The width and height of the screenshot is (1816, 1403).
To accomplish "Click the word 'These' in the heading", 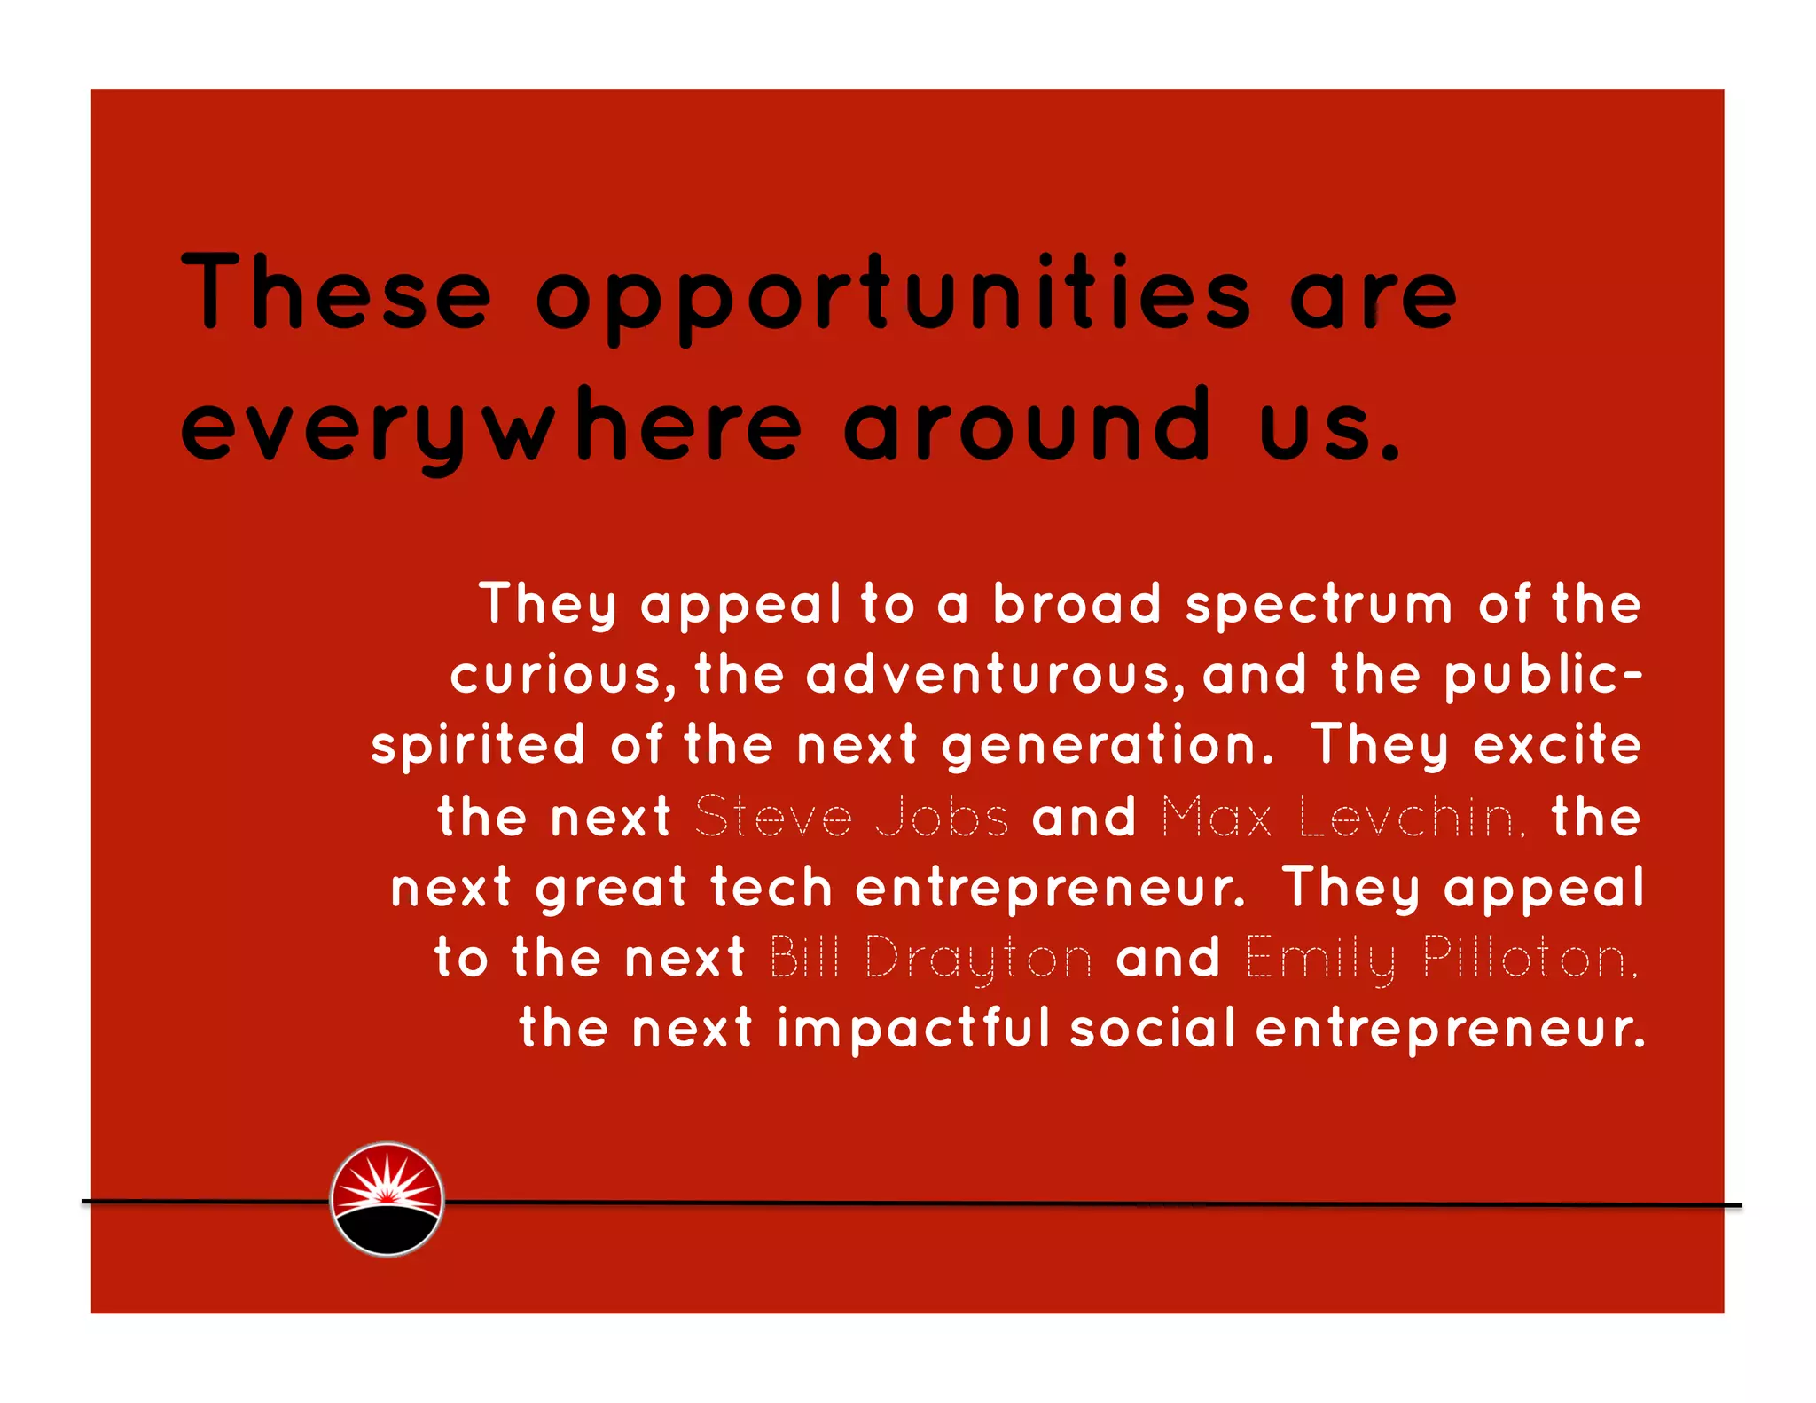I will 336,292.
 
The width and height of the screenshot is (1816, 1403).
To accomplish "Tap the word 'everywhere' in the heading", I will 492,430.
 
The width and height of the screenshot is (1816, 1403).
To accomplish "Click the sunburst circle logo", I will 387,1199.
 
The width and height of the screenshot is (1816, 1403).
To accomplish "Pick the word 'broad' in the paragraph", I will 1076,604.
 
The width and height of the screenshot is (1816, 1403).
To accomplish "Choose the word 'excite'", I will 1557,744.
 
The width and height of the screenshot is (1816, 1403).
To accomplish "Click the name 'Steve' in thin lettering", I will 773,816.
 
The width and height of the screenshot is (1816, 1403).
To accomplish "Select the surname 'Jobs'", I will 942,816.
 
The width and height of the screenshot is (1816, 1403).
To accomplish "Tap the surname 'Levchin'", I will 1412,817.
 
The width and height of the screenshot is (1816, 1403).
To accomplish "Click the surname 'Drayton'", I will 978,960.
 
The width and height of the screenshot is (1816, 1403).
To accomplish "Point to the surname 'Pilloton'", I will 1530,959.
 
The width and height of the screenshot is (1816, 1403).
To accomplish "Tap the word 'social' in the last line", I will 1152,1029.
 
